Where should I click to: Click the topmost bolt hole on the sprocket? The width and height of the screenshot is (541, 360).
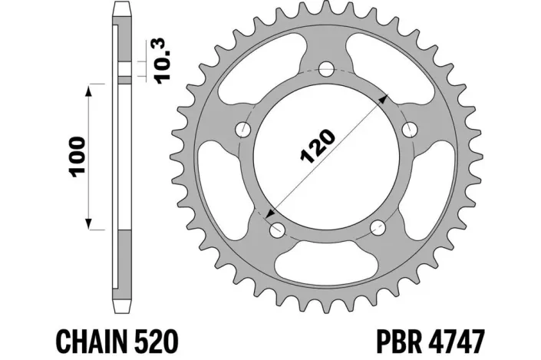(328, 67)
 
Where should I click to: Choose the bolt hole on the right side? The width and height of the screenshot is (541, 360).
(411, 127)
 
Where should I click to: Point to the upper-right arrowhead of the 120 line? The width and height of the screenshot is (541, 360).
(387, 99)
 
